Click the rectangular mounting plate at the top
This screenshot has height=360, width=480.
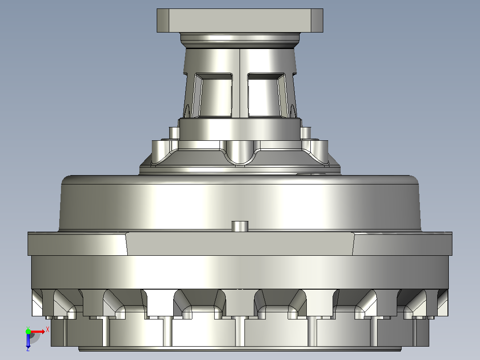240,20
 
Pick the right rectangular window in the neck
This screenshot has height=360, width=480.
266,95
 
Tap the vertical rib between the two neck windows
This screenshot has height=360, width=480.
240,83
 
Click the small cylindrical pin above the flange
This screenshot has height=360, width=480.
240,226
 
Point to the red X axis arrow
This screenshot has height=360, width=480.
37,332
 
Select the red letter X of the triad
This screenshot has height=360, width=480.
48,330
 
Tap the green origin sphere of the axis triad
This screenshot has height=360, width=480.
28,331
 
